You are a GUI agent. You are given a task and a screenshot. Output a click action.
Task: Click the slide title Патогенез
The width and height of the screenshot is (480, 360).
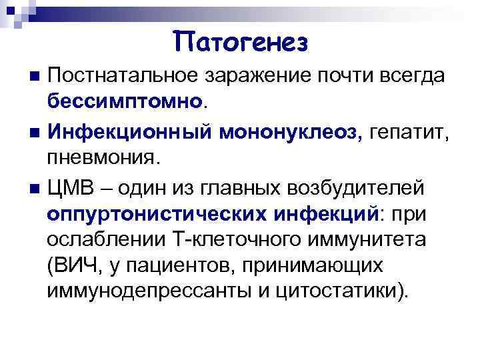coord(241,42)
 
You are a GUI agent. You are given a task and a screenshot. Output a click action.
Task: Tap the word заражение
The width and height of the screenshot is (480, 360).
coord(249,75)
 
